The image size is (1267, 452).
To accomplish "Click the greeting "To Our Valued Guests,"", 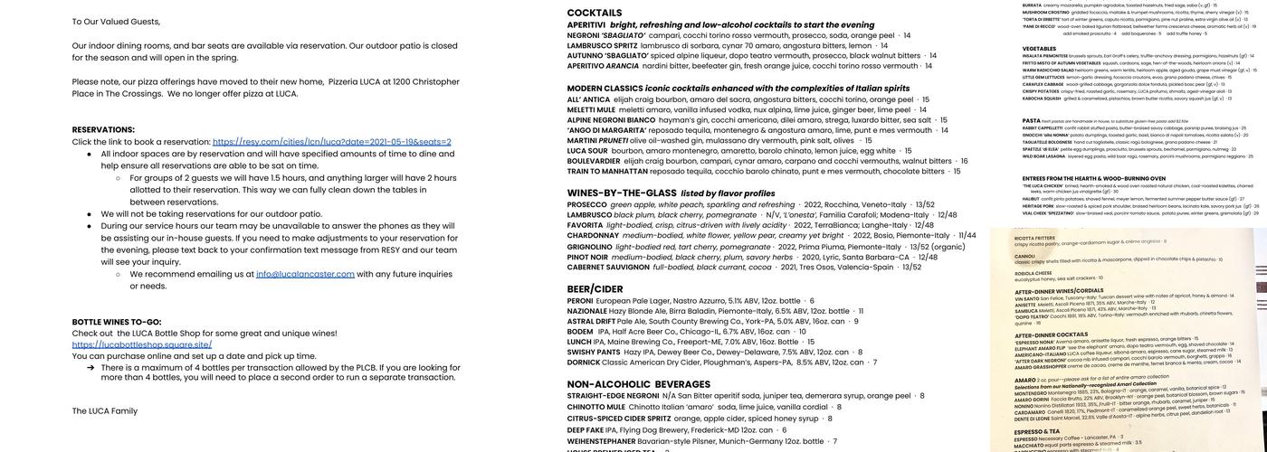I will pyautogui.click(x=116, y=22).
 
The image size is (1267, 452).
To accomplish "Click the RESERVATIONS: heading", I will pyautogui.click(x=103, y=129).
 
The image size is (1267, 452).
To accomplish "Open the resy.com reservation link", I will pyautogui.click(x=331, y=142).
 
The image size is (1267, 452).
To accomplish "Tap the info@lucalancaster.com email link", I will pyautogui.click(x=304, y=274).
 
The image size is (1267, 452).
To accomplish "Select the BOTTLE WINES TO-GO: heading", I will pyautogui.click(x=117, y=322).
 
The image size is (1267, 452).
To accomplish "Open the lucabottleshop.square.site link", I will pyautogui.click(x=142, y=344).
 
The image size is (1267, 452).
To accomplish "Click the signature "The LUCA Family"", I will pyautogui.click(x=105, y=411).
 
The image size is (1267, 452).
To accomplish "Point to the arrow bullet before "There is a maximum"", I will pyautogui.click(x=90, y=368).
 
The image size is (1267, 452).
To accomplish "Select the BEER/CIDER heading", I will pyautogui.click(x=595, y=289).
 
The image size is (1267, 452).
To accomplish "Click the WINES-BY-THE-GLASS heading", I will pyautogui.click(x=622, y=193).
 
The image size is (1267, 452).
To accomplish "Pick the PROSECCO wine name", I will pyautogui.click(x=586, y=205).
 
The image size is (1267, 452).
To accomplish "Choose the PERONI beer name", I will pyautogui.click(x=580, y=301).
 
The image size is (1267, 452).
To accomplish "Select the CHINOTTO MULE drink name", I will pyautogui.click(x=595, y=408).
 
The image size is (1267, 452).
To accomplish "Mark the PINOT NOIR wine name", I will pyautogui.click(x=587, y=258).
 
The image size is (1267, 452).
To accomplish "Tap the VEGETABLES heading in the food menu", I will pyautogui.click(x=1038, y=49).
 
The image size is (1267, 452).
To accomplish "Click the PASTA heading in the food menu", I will pyautogui.click(x=1031, y=120).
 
